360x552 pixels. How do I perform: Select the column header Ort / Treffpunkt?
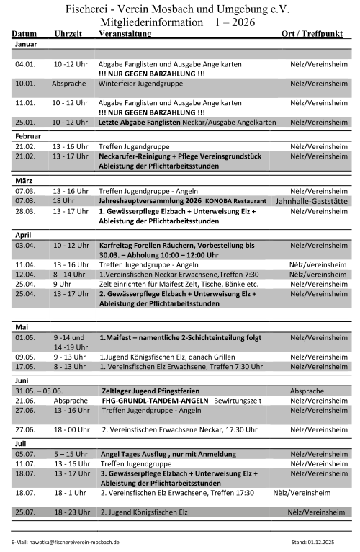(x=313, y=34)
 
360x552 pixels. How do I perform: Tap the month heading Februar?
(x=28, y=135)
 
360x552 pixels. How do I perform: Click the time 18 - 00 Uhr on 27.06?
(x=71, y=429)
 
